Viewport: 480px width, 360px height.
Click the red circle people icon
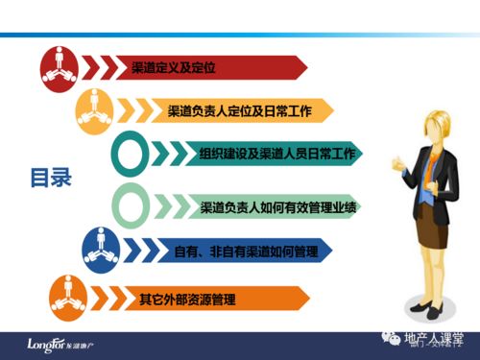click(59, 65)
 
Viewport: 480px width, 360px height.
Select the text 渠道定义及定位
click(175, 67)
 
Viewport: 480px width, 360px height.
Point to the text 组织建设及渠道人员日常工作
click(275, 154)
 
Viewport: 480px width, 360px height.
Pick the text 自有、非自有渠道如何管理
click(245, 252)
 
